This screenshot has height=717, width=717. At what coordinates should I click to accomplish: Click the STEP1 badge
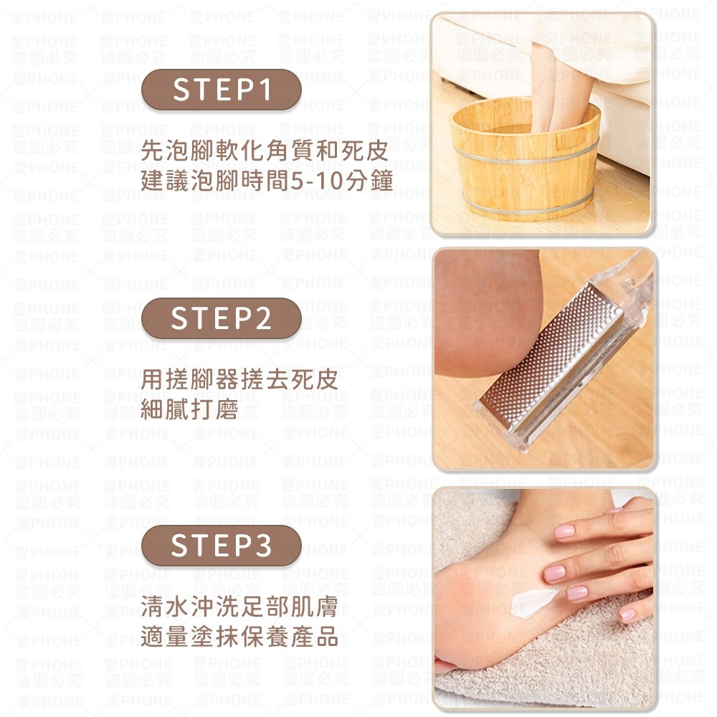pos(222,90)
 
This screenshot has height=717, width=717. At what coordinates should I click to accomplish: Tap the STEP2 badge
pos(222,318)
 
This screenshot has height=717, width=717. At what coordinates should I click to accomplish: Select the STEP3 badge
pos(222,546)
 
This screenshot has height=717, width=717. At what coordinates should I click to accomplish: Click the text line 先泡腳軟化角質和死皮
pos(265,151)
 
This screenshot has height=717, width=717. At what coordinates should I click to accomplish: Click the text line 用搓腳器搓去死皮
pos(239,379)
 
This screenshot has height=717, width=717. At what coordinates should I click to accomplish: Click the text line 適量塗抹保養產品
pos(239,637)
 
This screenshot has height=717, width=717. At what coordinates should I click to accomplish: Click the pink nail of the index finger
pos(564,531)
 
